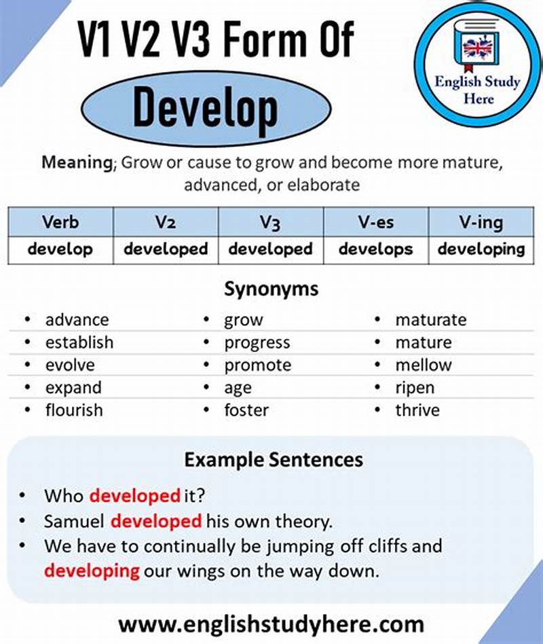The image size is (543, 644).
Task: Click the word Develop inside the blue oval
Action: [x=205, y=107]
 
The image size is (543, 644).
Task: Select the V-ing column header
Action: [x=481, y=222]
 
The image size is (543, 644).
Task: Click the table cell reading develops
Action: [x=375, y=249]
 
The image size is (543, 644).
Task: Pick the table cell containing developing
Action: [x=481, y=249]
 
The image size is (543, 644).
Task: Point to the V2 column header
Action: [x=166, y=222]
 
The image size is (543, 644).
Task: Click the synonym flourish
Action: [x=74, y=410]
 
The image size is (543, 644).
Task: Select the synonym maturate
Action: [x=431, y=319]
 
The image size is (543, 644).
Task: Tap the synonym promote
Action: [x=257, y=365]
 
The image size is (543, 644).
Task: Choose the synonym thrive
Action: [x=417, y=410]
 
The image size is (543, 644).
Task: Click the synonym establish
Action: [x=79, y=342]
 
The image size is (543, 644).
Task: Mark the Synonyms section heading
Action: [x=271, y=289]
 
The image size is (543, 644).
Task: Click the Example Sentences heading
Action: [x=274, y=460]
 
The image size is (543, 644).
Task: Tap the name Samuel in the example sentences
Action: [x=74, y=521]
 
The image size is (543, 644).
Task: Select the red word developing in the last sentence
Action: [x=92, y=571]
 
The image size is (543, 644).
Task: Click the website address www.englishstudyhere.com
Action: [x=271, y=624]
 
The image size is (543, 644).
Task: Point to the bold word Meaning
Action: [x=76, y=163]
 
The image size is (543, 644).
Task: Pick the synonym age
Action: [x=238, y=388]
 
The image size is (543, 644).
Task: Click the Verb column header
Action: [x=60, y=222]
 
